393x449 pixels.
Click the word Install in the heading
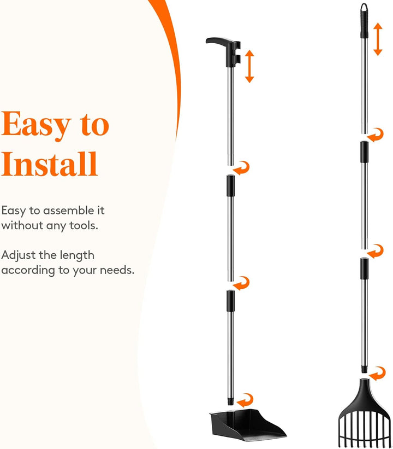(50, 164)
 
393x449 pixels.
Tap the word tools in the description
(84, 225)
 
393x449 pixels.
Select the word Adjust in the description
(19, 255)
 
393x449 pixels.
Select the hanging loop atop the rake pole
(364, 8)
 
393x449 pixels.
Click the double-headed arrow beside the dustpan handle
(249, 66)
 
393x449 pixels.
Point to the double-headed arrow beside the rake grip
(378, 39)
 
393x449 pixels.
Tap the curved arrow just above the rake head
(378, 374)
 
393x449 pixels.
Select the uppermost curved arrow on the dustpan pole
(241, 168)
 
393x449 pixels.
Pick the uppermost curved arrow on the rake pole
(376, 135)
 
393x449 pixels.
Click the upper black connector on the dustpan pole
(231, 186)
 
